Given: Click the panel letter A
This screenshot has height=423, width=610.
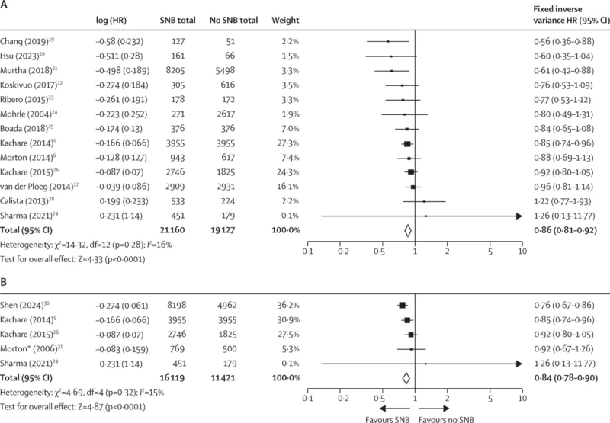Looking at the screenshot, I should [5, 6].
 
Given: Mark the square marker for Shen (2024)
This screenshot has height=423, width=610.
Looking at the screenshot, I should [402, 305].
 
